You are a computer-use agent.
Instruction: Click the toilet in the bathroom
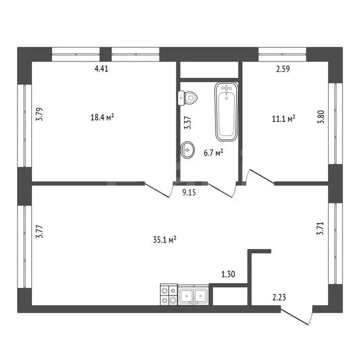pos(187,98)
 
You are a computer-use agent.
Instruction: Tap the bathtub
pos(226,112)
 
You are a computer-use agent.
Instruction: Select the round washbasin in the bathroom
pos(187,150)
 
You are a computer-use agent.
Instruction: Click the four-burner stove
pos(169,294)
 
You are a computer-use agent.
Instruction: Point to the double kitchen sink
pos(193,295)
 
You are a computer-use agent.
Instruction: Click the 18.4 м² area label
pos(102,117)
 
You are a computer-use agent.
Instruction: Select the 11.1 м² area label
pos(284,119)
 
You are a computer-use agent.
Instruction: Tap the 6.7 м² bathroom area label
pos(213,152)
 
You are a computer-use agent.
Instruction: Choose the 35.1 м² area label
pos(165,240)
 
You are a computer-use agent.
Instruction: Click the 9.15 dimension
pos(189,192)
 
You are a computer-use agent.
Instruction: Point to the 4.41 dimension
pos(101,68)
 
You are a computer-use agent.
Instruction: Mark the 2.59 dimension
pos(283,69)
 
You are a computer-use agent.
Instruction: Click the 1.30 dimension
pos(228,274)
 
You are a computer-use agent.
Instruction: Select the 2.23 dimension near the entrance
pos(279,298)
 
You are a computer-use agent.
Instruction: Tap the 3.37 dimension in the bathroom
pos(187,123)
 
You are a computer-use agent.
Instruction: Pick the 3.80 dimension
pos(321,117)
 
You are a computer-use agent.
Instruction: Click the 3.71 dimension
pos(320,228)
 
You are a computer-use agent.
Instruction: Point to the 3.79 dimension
pos(39,114)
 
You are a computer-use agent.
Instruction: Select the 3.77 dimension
pos(39,232)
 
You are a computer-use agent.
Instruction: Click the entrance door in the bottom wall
pos(297,315)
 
